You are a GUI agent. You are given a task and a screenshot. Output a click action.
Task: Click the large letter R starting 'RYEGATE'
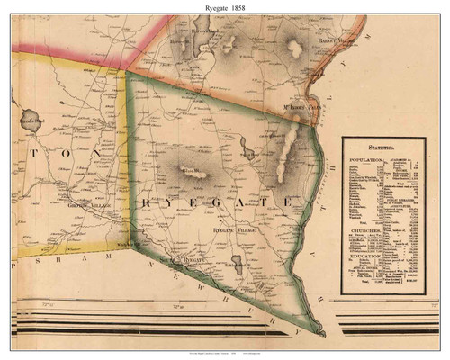148,205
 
